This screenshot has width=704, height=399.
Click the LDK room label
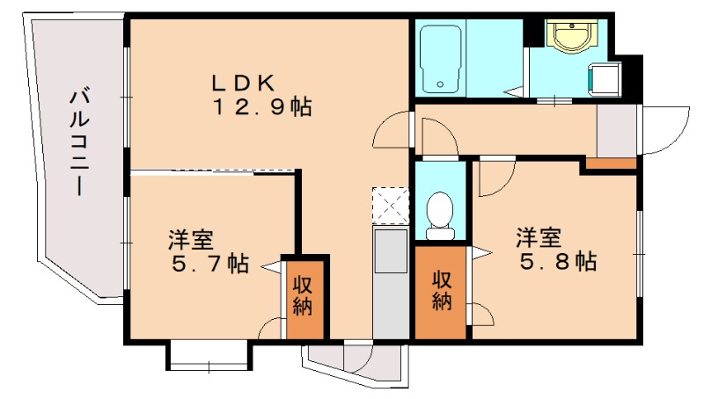tap(244, 83)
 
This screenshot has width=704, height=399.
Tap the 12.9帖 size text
tap(260, 108)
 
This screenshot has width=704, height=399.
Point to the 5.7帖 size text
tap(209, 263)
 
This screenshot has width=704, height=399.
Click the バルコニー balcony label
tap(81, 141)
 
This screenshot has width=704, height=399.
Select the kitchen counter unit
tap(390, 281)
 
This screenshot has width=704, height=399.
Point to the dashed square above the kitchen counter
tap(390, 204)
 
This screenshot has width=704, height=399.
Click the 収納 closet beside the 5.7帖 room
tap(303, 297)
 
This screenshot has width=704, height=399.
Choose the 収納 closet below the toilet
tap(442, 291)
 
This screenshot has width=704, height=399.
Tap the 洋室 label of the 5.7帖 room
tap(189, 239)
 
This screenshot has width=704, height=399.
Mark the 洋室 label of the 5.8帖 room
tap(539, 237)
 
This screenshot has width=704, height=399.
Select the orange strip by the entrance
tap(611, 163)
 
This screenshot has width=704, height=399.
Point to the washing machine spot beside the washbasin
tap(607, 78)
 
